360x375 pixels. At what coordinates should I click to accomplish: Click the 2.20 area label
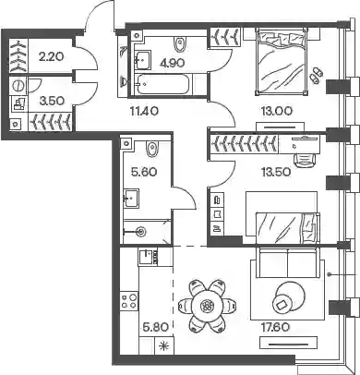tap(51, 56)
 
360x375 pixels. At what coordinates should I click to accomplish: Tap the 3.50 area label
tap(51, 101)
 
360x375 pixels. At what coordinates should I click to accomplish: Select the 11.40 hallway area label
tap(144, 111)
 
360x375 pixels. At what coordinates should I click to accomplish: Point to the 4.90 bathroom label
tap(172, 63)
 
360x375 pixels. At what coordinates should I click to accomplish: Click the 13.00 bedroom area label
tap(277, 111)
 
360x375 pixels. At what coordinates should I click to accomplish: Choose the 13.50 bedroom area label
tap(276, 172)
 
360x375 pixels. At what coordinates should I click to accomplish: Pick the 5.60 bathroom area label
tap(144, 172)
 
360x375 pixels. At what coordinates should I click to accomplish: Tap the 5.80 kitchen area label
tap(156, 327)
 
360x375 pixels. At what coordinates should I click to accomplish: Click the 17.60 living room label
tap(274, 327)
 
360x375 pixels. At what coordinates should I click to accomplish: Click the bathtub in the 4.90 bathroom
tap(162, 84)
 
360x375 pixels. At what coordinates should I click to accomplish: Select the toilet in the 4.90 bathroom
tap(179, 44)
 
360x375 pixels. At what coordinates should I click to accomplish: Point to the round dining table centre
tap(206, 306)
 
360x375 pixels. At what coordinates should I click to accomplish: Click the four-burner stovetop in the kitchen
tap(129, 301)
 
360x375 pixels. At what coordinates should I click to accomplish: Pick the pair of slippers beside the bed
tap(316, 75)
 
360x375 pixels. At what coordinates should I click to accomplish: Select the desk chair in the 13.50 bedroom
tap(306, 159)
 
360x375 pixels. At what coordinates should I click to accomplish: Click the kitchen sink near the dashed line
tap(146, 257)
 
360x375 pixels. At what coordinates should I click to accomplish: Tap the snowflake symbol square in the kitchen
tap(163, 346)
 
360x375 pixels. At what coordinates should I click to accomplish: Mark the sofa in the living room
tap(288, 262)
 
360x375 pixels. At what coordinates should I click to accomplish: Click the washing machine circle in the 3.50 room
tap(18, 86)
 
